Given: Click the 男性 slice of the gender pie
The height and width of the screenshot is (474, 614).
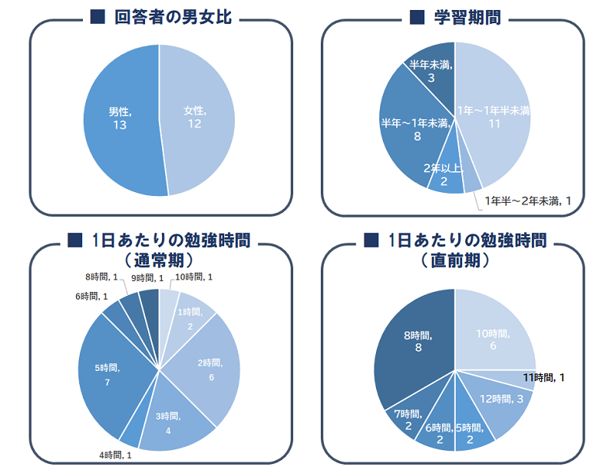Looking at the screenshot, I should (x=119, y=119).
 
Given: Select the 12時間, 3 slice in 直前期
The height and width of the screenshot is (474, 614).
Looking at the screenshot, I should (x=503, y=399).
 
